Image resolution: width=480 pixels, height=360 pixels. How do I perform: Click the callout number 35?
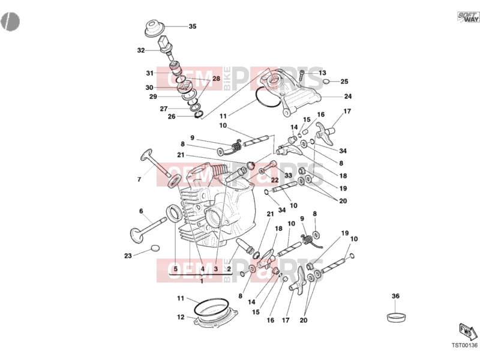pyautogui.click(x=192, y=26)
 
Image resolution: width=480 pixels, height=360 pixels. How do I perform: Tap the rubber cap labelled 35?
pyautogui.click(x=154, y=28)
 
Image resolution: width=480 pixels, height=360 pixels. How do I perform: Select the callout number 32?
pyautogui.click(x=141, y=50)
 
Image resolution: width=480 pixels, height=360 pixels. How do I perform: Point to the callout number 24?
pyautogui.click(x=348, y=97)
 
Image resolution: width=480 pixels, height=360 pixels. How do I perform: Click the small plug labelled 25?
pyautogui.click(x=326, y=82)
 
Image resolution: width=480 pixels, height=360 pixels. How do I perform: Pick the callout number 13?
pyautogui.click(x=322, y=73)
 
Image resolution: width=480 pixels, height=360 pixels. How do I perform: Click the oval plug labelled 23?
pyautogui.click(x=155, y=248)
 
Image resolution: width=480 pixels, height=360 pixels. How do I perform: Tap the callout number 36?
pyautogui.click(x=395, y=296)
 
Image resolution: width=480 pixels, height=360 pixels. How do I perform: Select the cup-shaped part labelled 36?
pyautogui.click(x=397, y=317)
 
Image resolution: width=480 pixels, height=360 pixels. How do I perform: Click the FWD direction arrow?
pyautogui.click(x=468, y=331)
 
